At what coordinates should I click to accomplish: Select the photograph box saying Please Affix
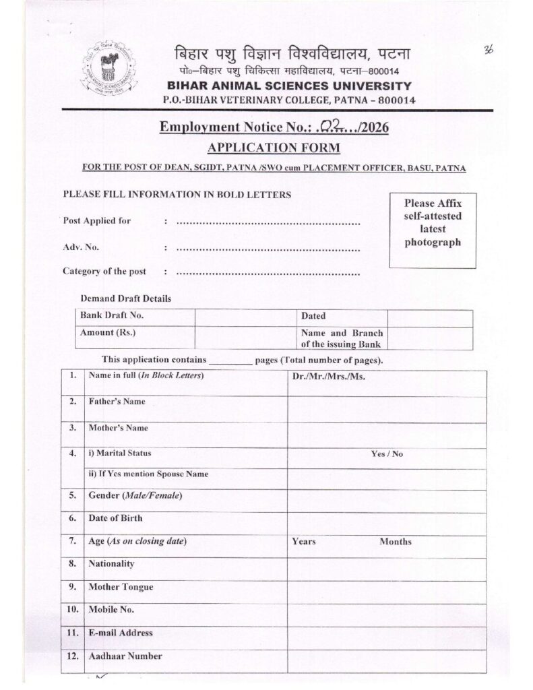pos(433,229)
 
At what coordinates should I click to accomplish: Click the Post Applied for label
pos(97,220)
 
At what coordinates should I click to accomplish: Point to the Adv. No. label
pos(81,247)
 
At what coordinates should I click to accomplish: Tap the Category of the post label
pos(104,272)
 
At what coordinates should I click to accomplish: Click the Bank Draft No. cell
pos(112,315)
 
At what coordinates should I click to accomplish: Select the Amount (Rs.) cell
pos(106,333)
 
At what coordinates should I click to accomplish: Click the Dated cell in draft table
pos(313,316)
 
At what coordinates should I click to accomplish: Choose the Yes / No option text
pos(387,454)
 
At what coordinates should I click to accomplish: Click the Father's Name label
pos(117,402)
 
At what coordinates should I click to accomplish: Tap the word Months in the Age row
pos(396,542)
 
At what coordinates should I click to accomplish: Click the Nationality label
pos(112,563)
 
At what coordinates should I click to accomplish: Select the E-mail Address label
pos(121,633)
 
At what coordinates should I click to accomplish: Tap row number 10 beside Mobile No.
pos(73,609)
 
